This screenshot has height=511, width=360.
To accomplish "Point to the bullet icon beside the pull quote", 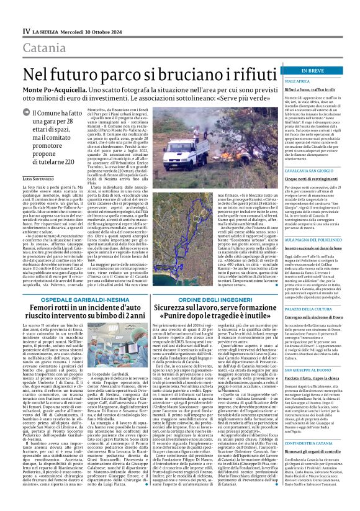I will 35,114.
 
